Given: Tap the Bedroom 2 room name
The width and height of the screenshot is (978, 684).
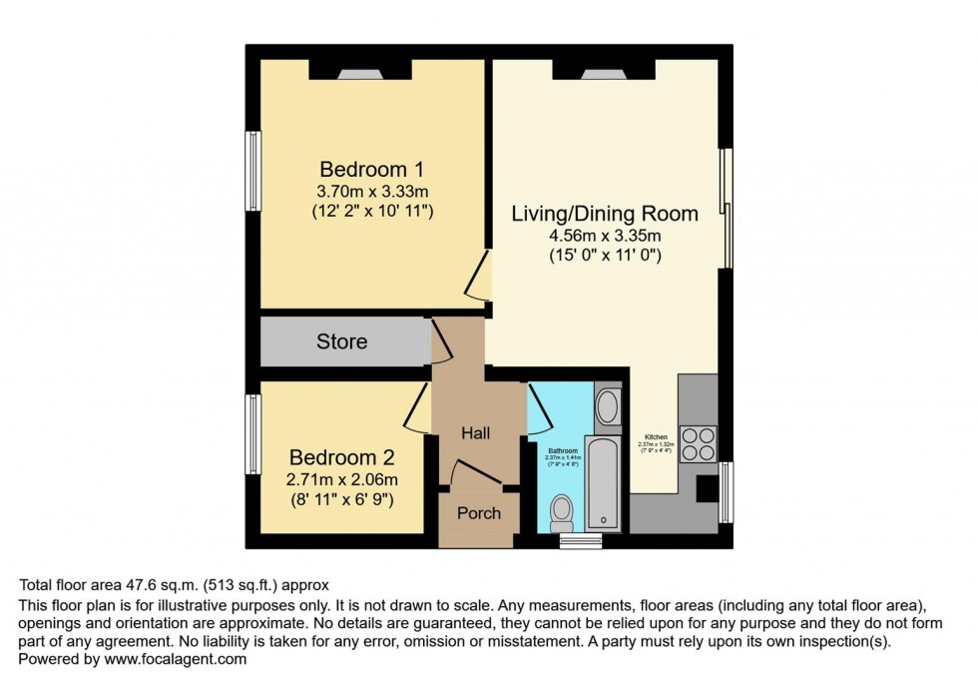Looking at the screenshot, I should click(x=341, y=458).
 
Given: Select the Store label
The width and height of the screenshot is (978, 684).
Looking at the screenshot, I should click(x=341, y=342).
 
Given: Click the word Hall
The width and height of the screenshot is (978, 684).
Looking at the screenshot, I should click(x=477, y=432).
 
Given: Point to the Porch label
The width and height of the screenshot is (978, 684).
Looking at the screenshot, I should click(x=478, y=513).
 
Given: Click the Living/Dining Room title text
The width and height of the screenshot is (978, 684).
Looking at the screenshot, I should click(x=604, y=214).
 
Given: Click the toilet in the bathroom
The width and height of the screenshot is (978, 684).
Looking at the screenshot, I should click(x=562, y=510).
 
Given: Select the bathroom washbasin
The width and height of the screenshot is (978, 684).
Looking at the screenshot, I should click(x=607, y=405).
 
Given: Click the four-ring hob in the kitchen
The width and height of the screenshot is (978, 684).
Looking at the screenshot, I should click(x=698, y=443).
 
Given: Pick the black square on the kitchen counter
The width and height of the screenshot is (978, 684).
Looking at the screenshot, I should click(x=706, y=488).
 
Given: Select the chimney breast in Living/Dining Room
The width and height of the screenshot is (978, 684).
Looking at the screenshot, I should click(x=604, y=70).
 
